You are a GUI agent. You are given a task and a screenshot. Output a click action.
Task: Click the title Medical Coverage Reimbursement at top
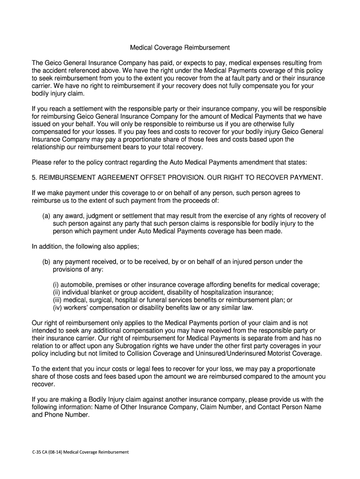point(180,48)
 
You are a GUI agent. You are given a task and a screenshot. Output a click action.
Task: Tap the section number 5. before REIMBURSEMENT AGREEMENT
point(34,178)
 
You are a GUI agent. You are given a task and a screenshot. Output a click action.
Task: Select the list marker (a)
point(46,216)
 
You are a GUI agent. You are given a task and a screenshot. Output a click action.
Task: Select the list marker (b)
point(46,262)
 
